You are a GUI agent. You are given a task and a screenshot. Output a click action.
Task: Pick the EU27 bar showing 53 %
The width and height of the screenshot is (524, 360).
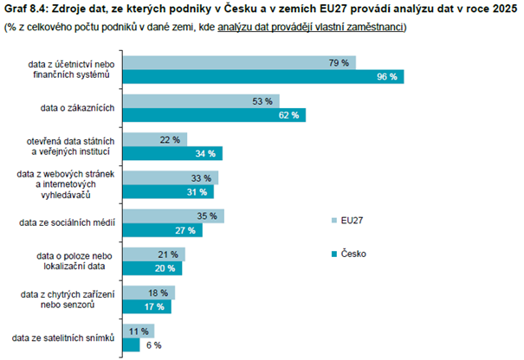(202, 101)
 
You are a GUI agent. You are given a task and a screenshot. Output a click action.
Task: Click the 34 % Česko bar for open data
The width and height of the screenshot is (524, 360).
(173, 153)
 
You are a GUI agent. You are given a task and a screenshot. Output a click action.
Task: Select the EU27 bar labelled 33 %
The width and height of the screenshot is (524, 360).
(170, 177)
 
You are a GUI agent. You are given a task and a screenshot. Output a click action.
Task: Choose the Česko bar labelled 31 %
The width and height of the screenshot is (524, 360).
(168, 191)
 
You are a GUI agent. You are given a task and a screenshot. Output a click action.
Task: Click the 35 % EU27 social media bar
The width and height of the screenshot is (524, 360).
(173, 215)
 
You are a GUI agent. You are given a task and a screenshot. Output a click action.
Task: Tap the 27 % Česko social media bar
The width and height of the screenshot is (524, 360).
(162, 230)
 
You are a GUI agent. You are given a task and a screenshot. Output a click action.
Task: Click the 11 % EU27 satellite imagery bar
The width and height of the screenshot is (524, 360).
(139, 331)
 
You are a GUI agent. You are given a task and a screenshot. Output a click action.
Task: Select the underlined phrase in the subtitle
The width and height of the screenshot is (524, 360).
(311, 27)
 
